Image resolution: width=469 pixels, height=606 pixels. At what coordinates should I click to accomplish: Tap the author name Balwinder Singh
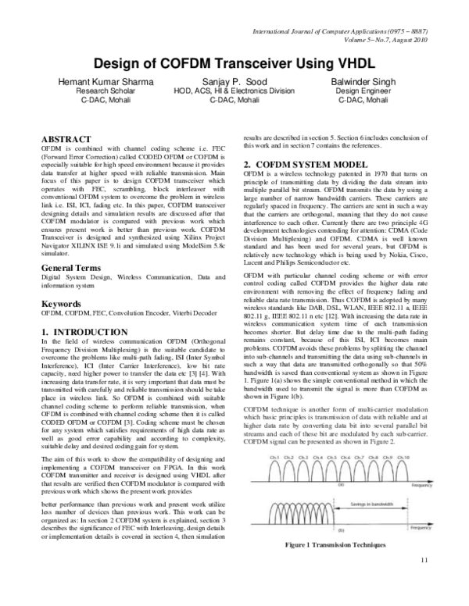tap(366, 82)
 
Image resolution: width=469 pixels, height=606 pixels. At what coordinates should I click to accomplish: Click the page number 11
tap(424, 581)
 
